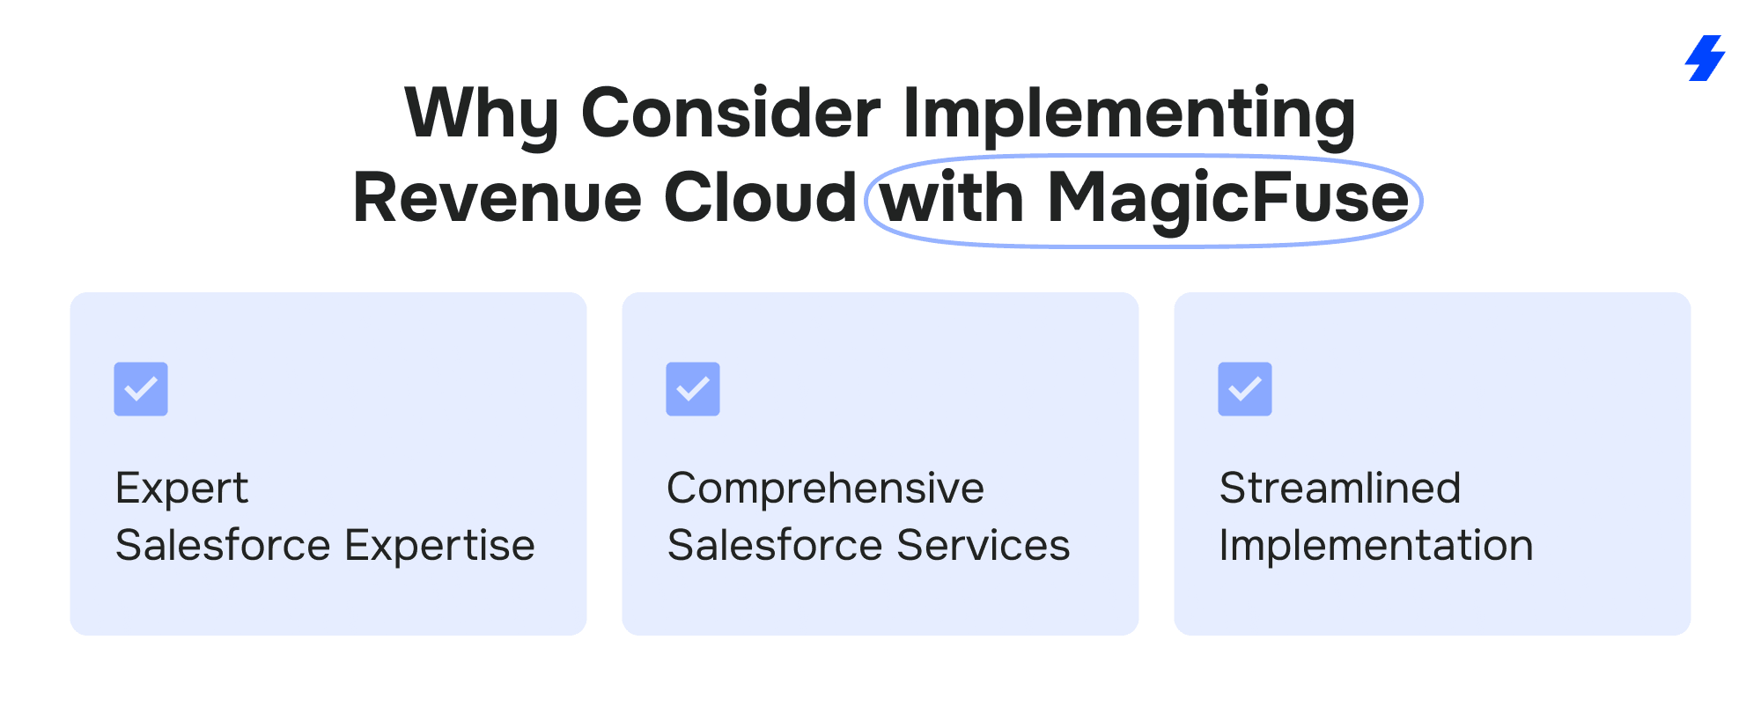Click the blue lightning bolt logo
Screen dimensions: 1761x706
point(1706,58)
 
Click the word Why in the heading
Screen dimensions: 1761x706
point(482,114)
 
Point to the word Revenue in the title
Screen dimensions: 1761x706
point(497,198)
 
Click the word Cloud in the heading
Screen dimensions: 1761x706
point(760,197)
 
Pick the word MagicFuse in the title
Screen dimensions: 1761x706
point(1228,199)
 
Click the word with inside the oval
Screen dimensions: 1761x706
point(953,197)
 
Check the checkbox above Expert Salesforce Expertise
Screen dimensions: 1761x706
point(141,389)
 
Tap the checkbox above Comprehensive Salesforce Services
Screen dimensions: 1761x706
point(693,389)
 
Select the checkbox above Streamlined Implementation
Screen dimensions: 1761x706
point(1245,389)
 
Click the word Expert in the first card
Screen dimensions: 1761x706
point(182,489)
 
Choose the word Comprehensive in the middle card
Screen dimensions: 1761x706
point(826,489)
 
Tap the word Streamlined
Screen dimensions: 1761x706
point(1340,488)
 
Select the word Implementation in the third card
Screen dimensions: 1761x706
point(1376,547)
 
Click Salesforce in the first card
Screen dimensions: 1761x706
point(225,545)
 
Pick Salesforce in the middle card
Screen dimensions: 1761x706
point(777,545)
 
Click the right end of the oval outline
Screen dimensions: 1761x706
point(1421,201)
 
